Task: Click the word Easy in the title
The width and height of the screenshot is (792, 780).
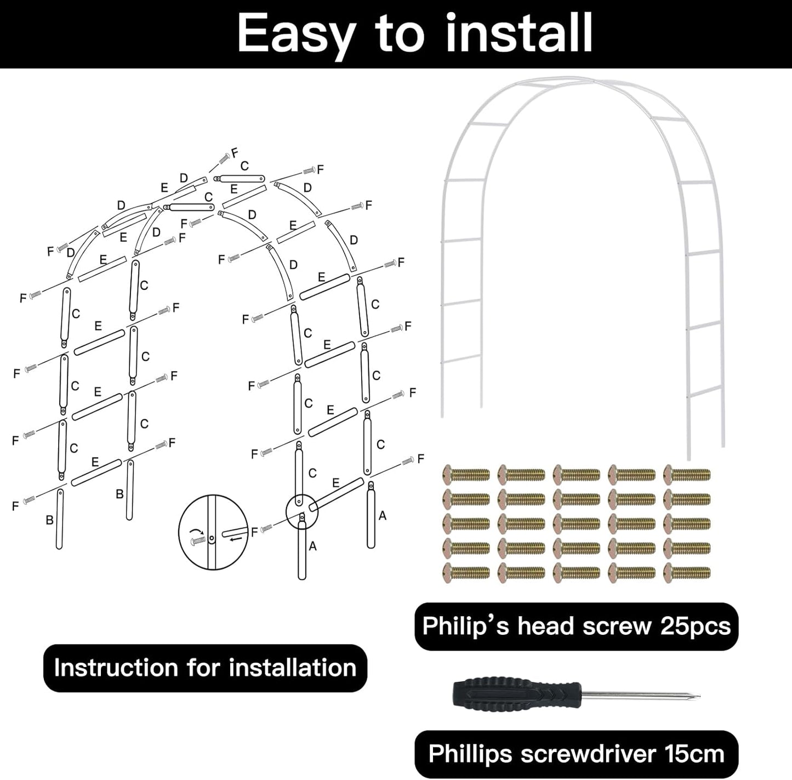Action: [296, 34]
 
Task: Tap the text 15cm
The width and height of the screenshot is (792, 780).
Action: [694, 753]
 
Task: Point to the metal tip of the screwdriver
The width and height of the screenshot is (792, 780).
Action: [696, 698]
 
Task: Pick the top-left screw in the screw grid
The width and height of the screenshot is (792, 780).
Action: [466, 474]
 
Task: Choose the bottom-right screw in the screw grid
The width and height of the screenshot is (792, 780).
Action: [687, 573]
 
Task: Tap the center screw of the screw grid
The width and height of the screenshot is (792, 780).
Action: [576, 523]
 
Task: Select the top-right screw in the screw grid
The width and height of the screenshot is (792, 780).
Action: [687, 474]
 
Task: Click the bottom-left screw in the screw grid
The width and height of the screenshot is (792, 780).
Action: [466, 573]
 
